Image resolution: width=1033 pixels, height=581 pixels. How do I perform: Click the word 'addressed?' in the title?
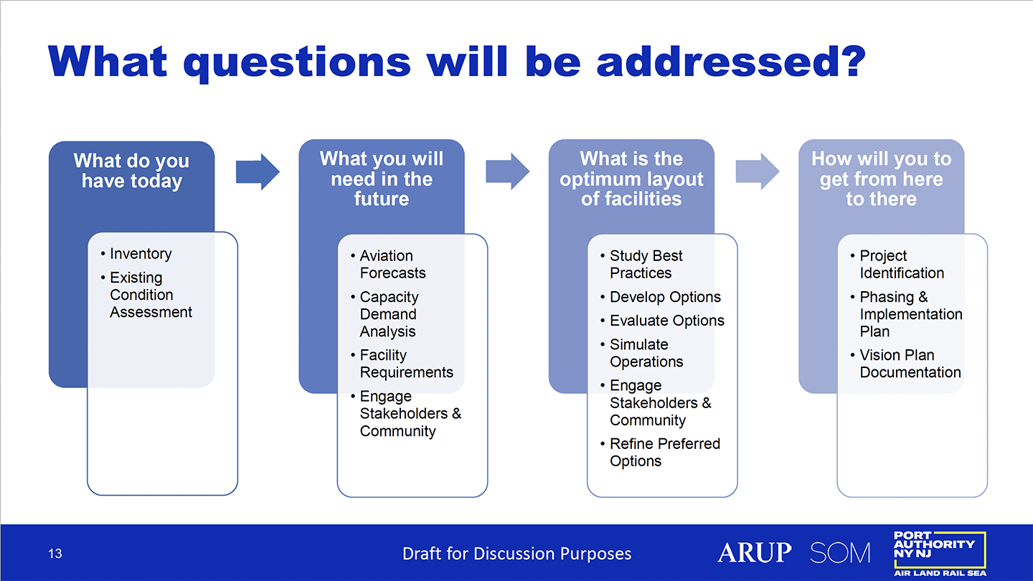tap(731, 62)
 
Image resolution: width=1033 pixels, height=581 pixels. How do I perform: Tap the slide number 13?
tap(55, 553)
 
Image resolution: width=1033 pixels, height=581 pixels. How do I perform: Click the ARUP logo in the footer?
tap(755, 552)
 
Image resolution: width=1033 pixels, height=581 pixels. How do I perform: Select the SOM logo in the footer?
tap(840, 552)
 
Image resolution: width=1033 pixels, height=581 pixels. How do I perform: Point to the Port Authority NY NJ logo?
tap(940, 553)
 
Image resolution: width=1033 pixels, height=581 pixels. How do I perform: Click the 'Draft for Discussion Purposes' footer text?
tap(516, 553)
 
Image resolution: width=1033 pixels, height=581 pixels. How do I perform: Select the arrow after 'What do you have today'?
tap(258, 171)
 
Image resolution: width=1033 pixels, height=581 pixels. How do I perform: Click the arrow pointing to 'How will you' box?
tap(758, 171)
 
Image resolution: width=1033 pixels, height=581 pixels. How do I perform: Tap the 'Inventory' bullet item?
tap(136, 254)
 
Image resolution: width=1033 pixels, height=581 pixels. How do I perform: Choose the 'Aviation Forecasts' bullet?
tap(388, 264)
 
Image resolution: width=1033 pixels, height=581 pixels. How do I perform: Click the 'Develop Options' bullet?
tap(661, 297)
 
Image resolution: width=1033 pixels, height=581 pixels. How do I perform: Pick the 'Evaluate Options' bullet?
tap(662, 321)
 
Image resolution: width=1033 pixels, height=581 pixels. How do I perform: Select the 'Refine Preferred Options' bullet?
tap(661, 453)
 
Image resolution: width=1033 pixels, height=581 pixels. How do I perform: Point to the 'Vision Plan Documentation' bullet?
tap(906, 364)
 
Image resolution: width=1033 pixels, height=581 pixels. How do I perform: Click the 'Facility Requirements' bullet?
tap(402, 364)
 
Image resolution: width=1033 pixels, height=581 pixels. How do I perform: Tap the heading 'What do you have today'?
tap(131, 171)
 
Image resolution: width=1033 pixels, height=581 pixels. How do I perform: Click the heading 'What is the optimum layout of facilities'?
tap(631, 179)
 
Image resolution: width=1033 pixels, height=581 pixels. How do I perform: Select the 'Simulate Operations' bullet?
tap(642, 353)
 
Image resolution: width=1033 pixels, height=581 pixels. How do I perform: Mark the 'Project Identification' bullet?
tap(897, 264)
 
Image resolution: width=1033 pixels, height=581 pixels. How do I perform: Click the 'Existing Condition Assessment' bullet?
tap(146, 295)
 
